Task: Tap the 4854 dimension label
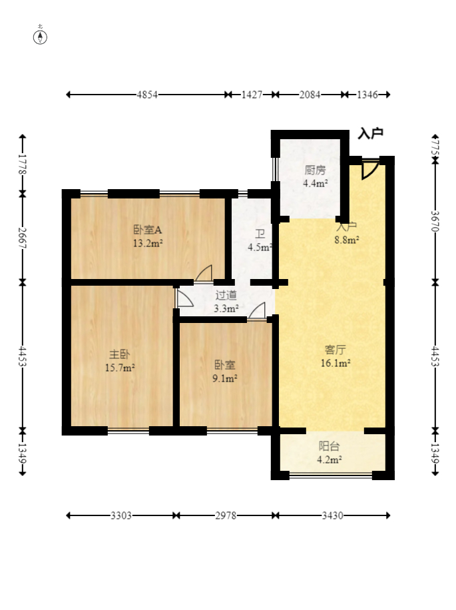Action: coord(147,95)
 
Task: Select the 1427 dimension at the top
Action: coord(252,95)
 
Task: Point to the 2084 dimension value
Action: coord(310,95)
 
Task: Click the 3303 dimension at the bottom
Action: coord(121,515)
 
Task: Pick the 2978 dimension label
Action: coord(226,515)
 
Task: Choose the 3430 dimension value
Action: coord(332,515)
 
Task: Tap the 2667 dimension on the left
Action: coord(23,237)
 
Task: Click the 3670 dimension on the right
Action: coord(435,221)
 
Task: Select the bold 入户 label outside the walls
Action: coord(371,133)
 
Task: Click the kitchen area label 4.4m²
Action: coord(316,183)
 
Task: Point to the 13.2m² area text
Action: coord(148,244)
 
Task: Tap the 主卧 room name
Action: coord(119,354)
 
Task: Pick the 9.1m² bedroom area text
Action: coord(225,378)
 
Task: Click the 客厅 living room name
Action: coord(335,350)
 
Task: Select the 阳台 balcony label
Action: coord(330,446)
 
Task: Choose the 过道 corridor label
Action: coord(226,295)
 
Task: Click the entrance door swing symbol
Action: coord(369,169)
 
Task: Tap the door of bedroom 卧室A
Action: coord(204,273)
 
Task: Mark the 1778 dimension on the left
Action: coord(23,164)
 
